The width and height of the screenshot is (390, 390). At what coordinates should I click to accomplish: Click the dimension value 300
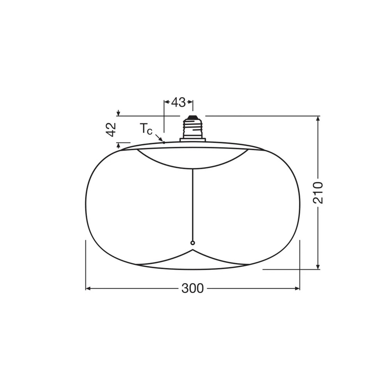coord(192,289)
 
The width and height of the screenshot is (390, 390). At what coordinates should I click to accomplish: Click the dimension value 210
coord(318,192)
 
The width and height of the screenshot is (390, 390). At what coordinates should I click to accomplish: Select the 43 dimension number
coord(178,103)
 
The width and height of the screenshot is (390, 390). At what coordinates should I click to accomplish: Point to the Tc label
coord(146,129)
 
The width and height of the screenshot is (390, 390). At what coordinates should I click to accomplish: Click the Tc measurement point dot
coord(164,142)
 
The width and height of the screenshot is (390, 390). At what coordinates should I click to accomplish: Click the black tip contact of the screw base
coord(192,117)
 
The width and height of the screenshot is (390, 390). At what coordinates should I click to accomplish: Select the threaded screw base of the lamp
coord(192,128)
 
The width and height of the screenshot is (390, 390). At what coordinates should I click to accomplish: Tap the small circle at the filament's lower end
coord(192,243)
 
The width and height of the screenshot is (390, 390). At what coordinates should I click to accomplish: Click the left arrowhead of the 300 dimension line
coord(88,289)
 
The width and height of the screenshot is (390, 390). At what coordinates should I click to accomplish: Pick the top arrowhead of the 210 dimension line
coord(318,119)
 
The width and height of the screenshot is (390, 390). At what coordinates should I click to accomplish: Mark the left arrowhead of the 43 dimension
coord(166,103)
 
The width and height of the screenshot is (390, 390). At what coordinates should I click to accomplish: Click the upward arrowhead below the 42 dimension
coord(118,145)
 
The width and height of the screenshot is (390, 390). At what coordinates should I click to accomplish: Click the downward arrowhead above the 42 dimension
coord(118,113)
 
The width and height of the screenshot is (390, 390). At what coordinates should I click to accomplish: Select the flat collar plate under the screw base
coord(192,139)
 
